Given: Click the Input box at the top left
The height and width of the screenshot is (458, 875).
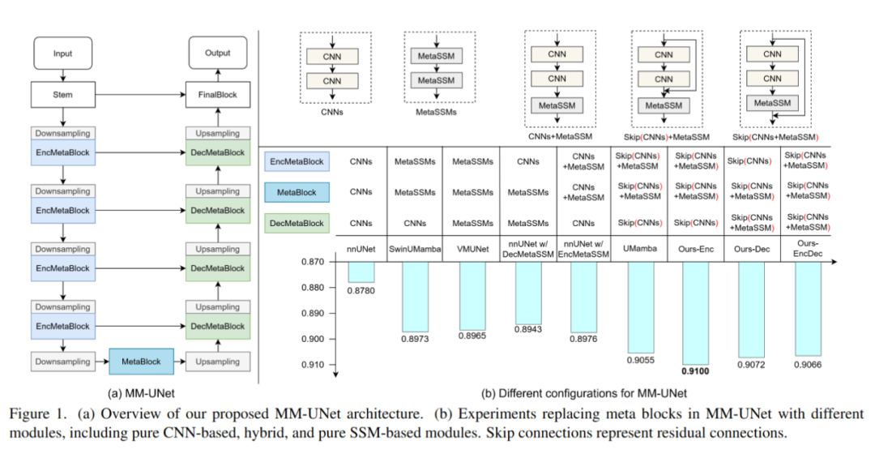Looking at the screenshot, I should click(x=62, y=54).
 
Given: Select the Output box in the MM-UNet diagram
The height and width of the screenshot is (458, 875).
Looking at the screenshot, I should click(x=217, y=54).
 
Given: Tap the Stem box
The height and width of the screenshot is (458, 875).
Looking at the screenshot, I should click(x=62, y=95).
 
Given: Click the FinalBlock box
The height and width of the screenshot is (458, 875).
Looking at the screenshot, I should click(x=217, y=95).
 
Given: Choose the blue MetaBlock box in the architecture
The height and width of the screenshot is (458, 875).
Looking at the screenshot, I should click(x=141, y=362).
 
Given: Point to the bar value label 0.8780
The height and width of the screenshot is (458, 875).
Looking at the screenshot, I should click(x=361, y=289).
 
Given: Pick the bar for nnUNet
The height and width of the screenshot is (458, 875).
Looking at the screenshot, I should click(x=361, y=272).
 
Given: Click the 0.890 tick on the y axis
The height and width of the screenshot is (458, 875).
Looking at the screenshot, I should click(x=313, y=313).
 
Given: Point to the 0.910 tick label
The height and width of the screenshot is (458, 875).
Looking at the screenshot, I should click(x=313, y=365).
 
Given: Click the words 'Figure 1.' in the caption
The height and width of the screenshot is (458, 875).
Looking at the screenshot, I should click(x=36, y=414).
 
